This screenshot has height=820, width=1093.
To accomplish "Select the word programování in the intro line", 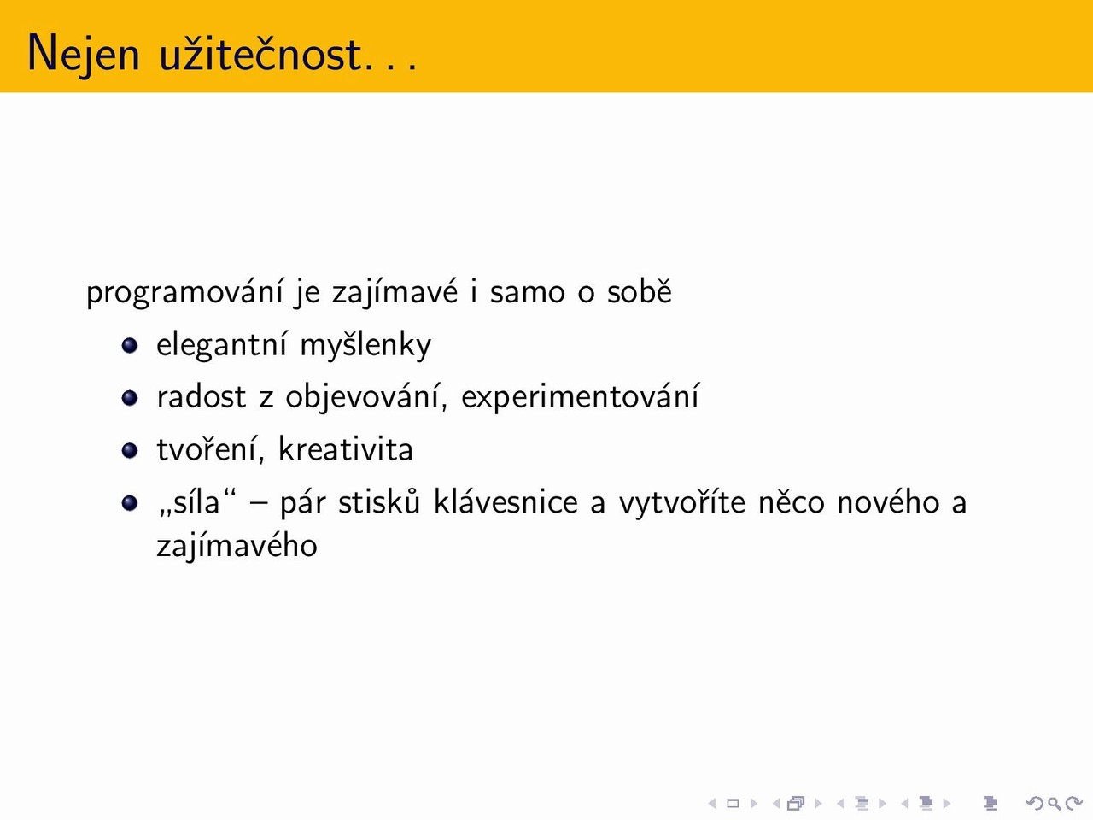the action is [184, 292].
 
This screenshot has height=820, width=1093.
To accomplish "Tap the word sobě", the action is [640, 290].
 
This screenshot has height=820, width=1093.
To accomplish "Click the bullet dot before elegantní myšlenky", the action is [130, 346].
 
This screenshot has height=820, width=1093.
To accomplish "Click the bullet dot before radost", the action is [130, 398].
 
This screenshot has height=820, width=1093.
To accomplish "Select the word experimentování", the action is [580, 397].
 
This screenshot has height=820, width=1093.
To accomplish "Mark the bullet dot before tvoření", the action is [130, 450].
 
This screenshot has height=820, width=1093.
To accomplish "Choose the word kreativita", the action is [346, 449].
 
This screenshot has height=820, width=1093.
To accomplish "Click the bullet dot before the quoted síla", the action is [130, 502].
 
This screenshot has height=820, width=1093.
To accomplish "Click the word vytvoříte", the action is [682, 502].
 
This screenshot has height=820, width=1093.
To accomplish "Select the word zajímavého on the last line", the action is [237, 545].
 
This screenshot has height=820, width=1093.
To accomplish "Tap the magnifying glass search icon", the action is [1055, 803].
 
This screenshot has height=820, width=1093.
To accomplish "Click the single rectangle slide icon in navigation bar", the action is [733, 803].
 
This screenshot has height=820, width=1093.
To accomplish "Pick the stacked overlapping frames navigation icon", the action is [796, 803].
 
